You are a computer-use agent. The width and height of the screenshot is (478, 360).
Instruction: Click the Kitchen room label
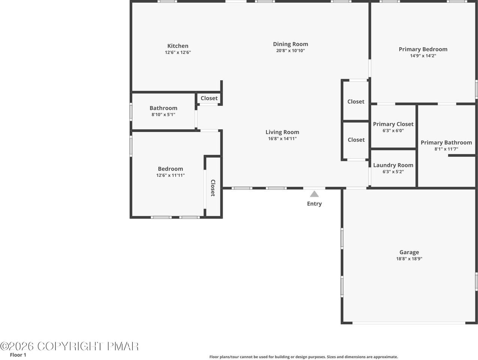(178, 46)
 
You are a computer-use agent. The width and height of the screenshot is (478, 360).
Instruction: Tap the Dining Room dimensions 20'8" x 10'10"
(291, 51)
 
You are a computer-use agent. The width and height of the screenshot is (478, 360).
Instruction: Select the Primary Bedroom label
(423, 49)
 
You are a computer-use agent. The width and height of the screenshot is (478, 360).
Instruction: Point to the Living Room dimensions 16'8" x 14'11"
(282, 138)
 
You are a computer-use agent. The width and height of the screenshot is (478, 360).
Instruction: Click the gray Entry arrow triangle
(314, 194)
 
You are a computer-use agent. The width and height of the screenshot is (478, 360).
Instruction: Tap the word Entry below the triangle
(314, 204)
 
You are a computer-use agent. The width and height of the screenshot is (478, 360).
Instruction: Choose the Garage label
(409, 252)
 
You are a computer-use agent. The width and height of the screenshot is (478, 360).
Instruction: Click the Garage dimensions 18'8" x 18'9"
(409, 259)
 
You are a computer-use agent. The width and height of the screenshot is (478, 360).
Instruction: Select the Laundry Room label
(393, 165)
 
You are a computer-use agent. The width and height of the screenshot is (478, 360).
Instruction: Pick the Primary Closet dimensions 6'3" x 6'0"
(393, 130)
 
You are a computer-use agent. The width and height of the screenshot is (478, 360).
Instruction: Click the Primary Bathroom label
(446, 142)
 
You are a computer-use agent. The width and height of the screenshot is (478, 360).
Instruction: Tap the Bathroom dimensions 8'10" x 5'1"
(163, 114)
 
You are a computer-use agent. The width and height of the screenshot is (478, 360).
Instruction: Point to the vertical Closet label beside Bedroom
(213, 188)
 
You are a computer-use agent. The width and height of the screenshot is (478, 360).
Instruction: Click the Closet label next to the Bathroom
(209, 98)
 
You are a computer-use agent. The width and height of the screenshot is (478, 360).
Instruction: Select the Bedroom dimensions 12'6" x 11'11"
(170, 175)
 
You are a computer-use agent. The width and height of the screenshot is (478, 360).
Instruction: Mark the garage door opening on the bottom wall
(409, 323)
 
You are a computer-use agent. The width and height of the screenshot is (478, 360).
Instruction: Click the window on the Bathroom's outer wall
(131, 112)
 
